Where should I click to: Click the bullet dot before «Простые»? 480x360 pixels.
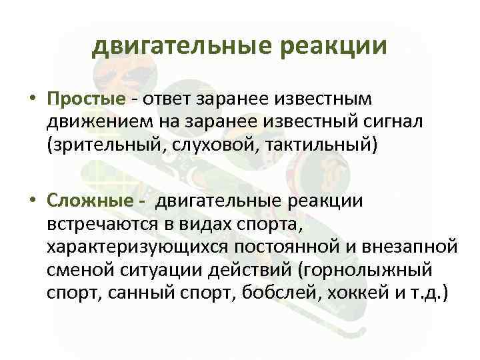[x=32, y=99]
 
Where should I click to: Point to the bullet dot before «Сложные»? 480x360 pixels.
[x=32, y=201]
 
